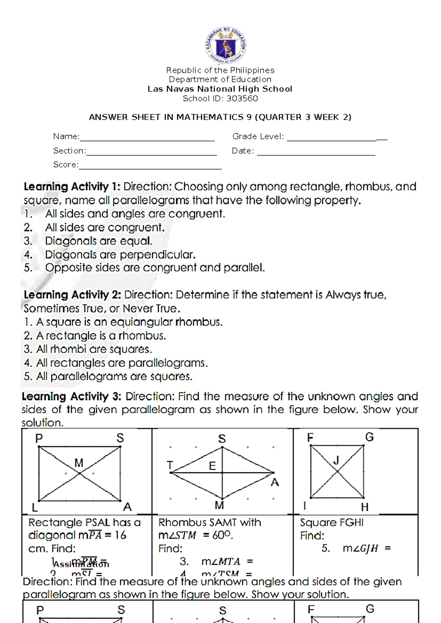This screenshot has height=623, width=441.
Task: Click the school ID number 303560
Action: click(x=242, y=98)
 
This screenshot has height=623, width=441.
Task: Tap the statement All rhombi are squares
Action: click(x=94, y=349)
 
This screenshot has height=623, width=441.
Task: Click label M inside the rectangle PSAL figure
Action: click(x=79, y=463)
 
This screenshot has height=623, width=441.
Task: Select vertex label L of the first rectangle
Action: click(x=35, y=508)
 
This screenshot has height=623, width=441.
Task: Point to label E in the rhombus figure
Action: click(x=212, y=466)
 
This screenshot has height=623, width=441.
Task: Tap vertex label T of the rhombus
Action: click(x=170, y=465)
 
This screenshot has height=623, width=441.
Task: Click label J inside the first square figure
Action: click(x=336, y=460)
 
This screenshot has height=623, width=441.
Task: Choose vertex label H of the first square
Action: click(x=365, y=507)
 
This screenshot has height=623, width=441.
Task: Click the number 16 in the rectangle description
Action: click(x=120, y=535)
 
